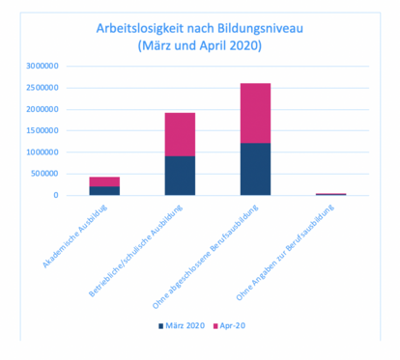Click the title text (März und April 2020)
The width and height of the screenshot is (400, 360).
coord(200,45)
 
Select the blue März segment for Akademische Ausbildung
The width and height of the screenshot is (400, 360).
coord(103,191)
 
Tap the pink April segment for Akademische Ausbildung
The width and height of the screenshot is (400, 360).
coord(103,181)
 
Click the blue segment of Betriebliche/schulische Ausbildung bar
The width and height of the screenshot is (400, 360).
coord(179,176)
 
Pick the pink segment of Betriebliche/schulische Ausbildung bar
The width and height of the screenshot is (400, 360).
coord(179,134)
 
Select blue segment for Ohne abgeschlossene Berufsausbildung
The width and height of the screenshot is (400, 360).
coord(255,169)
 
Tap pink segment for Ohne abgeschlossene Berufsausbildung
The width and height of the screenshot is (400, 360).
coord(255,113)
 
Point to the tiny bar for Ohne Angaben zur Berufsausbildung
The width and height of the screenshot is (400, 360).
coord(330,194)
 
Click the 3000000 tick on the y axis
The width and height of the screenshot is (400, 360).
coord(43,67)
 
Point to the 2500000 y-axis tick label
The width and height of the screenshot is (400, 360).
coord(43,88)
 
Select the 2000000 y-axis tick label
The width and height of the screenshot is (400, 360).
coord(43,109)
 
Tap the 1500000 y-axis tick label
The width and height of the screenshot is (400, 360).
coord(43,131)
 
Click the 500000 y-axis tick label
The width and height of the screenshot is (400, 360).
coord(45,174)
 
